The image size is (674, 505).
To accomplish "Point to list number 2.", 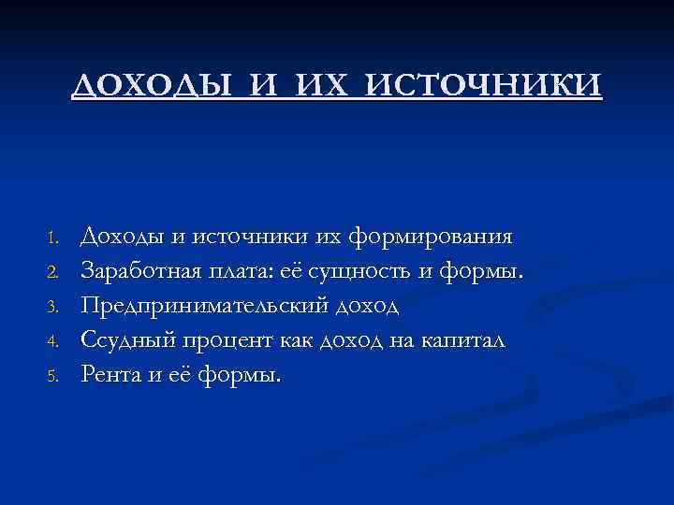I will (x=53, y=272).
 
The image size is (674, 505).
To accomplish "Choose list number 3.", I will (x=53, y=307).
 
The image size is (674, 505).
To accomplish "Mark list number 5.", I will (x=53, y=376).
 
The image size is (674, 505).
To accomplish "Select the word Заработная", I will (x=141, y=270).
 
